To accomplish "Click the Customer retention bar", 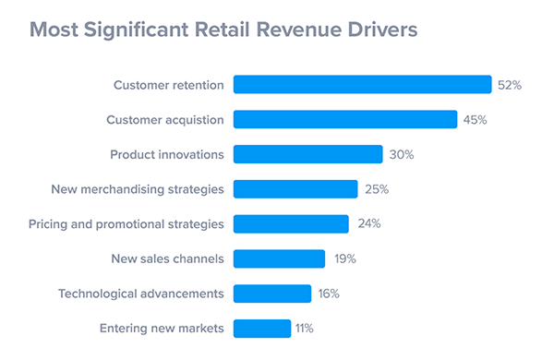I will [x=362, y=85].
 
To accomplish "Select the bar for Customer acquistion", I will [x=345, y=120].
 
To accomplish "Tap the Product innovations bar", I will [x=307, y=154].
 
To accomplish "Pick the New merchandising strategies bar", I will [x=295, y=189].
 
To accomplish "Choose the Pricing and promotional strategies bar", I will [x=291, y=223].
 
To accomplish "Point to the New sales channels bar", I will [x=279, y=258].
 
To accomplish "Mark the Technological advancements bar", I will [x=272, y=294].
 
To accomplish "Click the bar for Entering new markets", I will [x=262, y=328].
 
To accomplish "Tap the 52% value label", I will [x=510, y=85].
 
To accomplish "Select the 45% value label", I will [x=475, y=120].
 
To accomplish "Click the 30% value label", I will [x=401, y=154].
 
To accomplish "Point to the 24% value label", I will [x=368, y=223].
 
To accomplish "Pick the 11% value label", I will [x=305, y=328].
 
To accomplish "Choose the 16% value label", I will [x=329, y=294].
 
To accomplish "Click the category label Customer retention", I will [x=169, y=85].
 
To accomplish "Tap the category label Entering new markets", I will [x=161, y=328].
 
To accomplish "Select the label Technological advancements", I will [x=141, y=294].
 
